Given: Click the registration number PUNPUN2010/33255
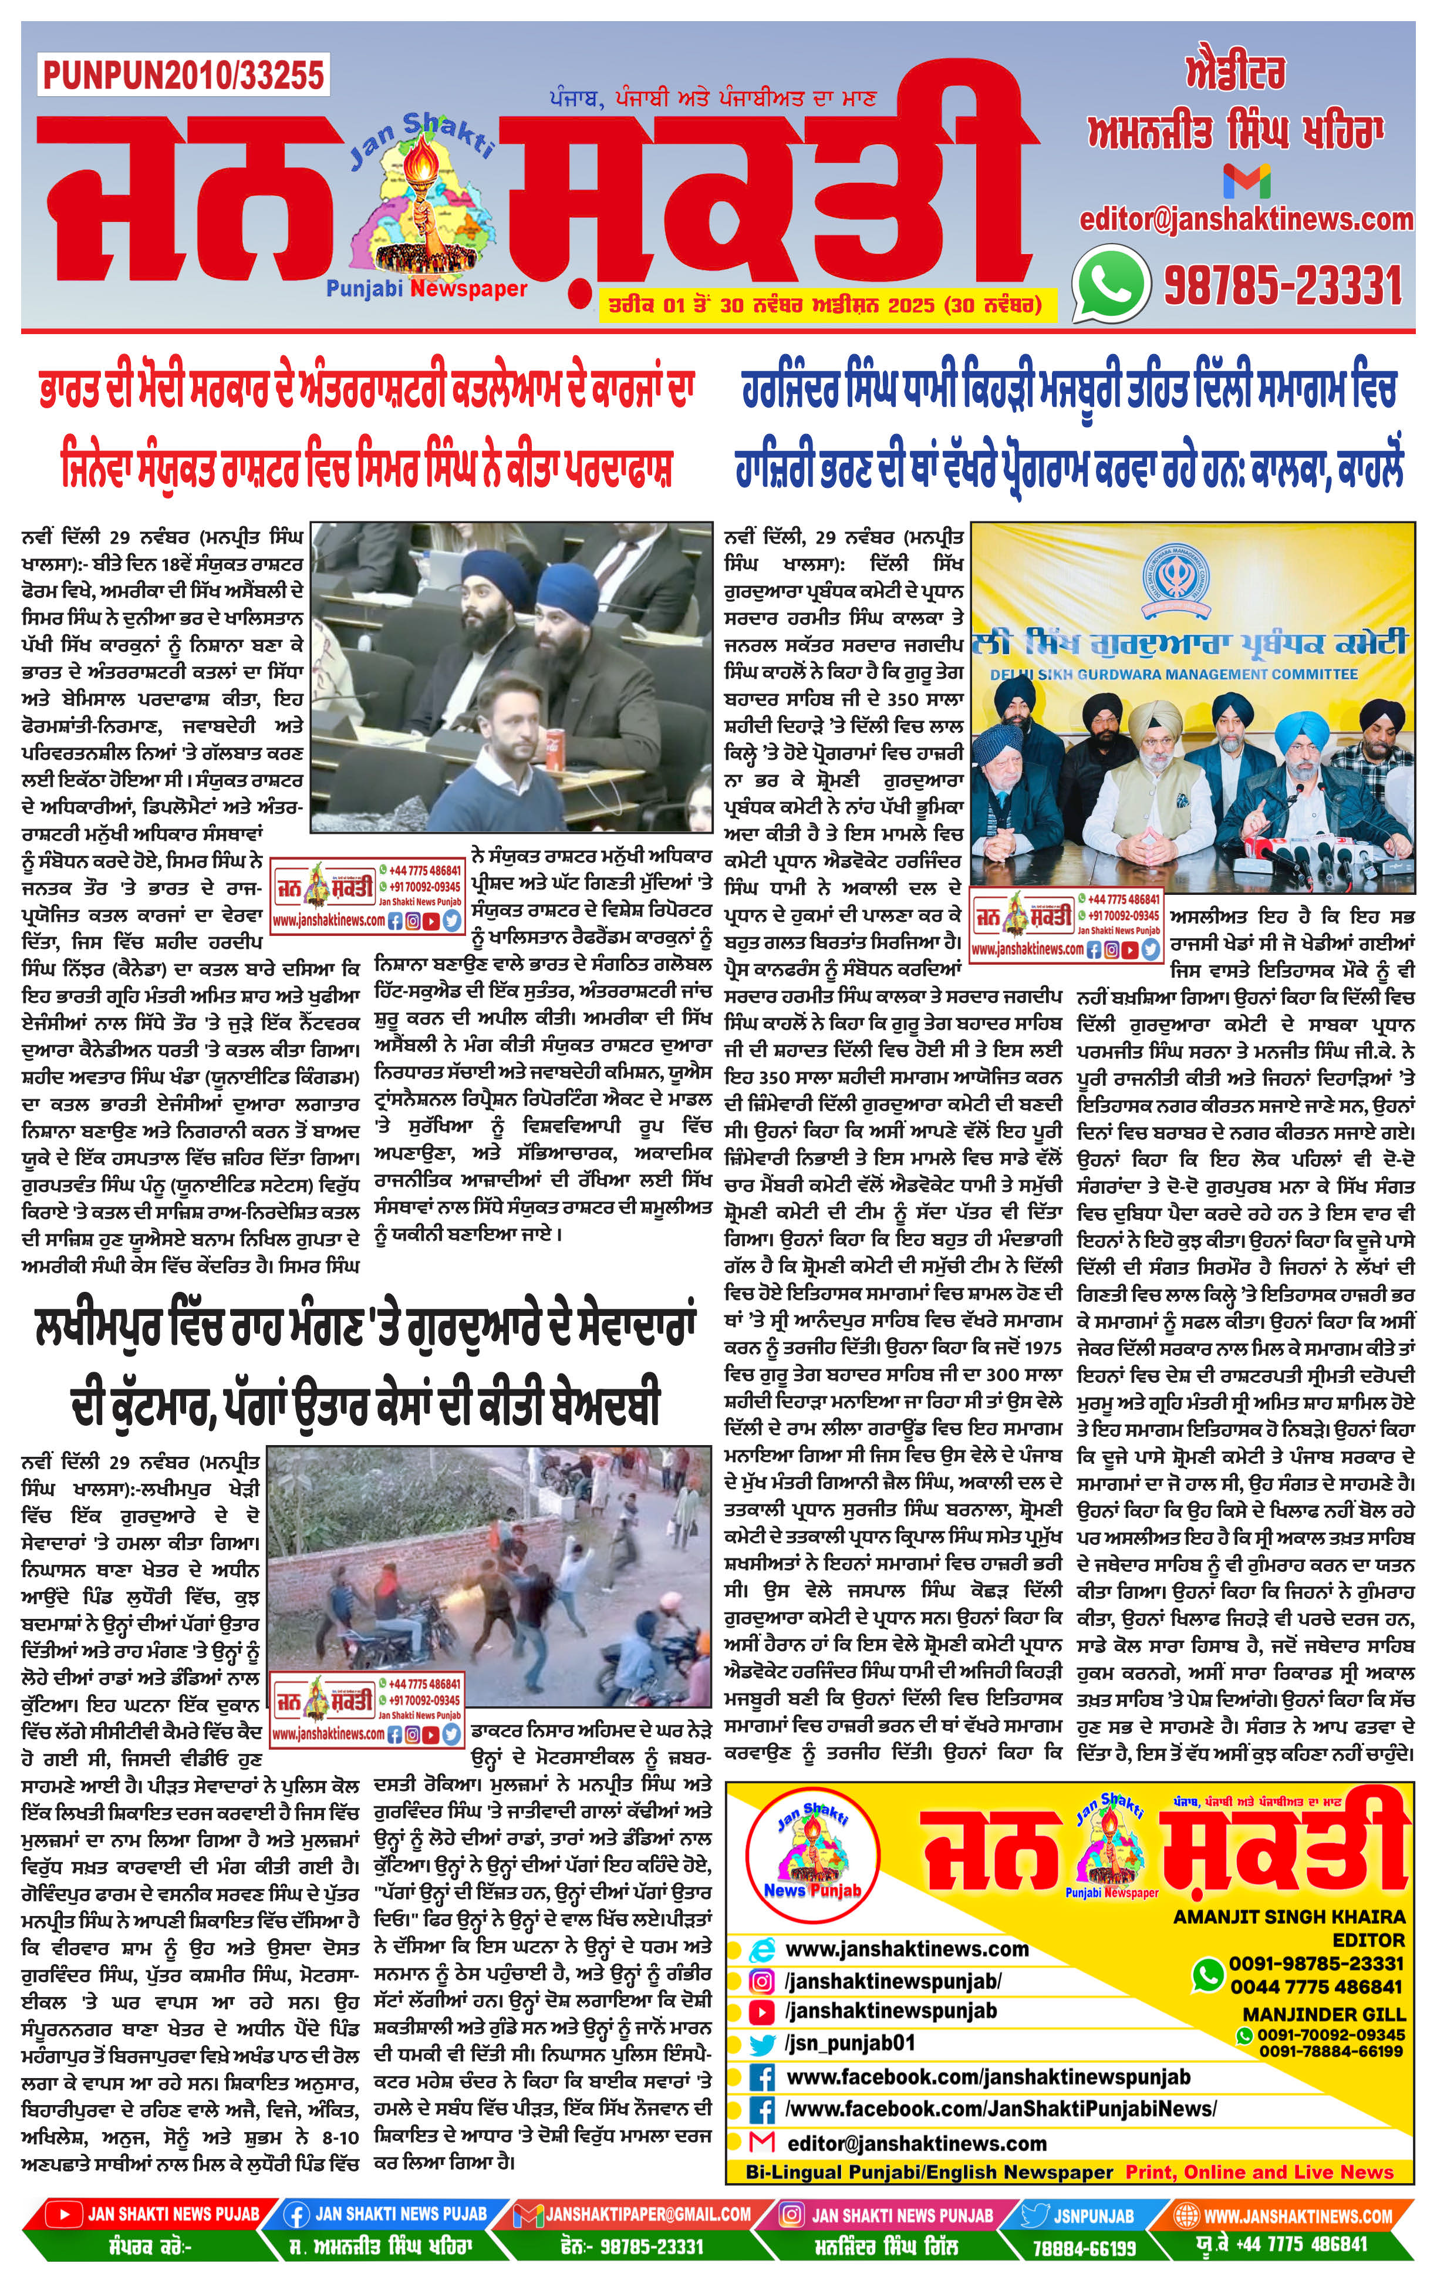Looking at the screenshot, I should point(183,75).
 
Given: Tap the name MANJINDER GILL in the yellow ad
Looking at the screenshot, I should point(1323,2015).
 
